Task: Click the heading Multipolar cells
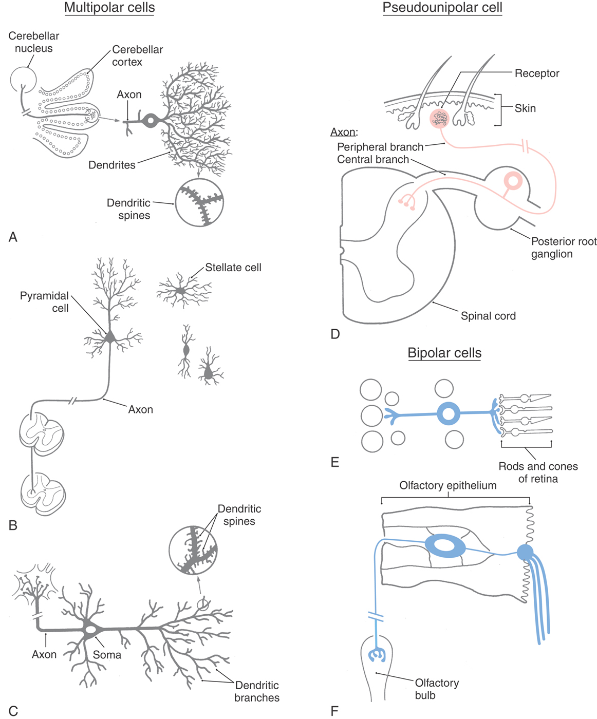pyautogui.click(x=109, y=8)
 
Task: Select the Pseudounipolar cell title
pyautogui.click(x=442, y=8)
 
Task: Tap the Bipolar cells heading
pyautogui.click(x=444, y=353)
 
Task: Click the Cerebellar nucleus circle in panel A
pyautogui.click(x=24, y=80)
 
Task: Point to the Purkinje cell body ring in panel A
pyautogui.click(x=151, y=121)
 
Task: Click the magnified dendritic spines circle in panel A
pyautogui.click(x=199, y=202)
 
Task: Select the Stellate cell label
pyautogui.click(x=233, y=268)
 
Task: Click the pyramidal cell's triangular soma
pyautogui.click(x=110, y=337)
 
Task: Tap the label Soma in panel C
pyautogui.click(x=107, y=655)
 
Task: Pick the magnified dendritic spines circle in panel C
pyautogui.click(x=193, y=550)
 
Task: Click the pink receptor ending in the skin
pyautogui.click(x=439, y=119)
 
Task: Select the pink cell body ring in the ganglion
pyautogui.click(x=513, y=181)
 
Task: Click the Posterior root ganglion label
pyautogui.click(x=564, y=248)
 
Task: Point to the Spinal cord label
pyautogui.click(x=488, y=316)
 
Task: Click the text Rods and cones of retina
pyautogui.click(x=538, y=472)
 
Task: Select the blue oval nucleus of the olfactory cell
pyautogui.click(x=445, y=546)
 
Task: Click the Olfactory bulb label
pyautogui.click(x=436, y=689)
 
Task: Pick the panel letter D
pyautogui.click(x=335, y=334)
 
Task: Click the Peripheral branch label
pyautogui.click(x=380, y=147)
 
